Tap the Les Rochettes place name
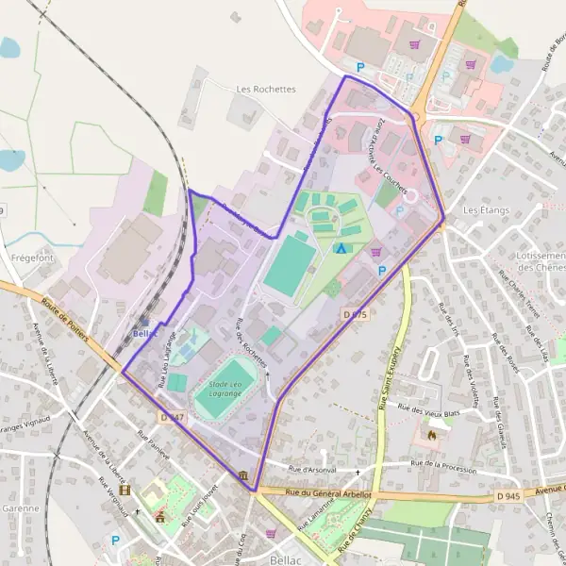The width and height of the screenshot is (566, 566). (265, 90)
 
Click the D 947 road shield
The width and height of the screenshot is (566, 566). (171, 417)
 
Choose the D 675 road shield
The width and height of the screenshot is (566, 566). (354, 315)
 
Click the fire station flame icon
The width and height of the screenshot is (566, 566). (433, 436)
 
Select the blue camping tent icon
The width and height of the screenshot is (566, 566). (341, 249)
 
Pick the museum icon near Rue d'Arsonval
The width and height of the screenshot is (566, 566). (244, 474)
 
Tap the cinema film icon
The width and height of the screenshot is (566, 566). (125, 491)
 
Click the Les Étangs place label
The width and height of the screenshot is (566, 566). (486, 209)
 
